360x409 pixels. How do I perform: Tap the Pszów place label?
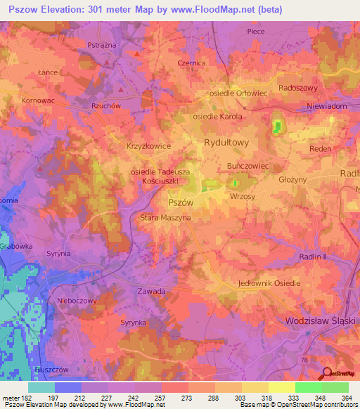181,201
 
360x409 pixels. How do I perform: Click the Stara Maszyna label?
165,218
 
